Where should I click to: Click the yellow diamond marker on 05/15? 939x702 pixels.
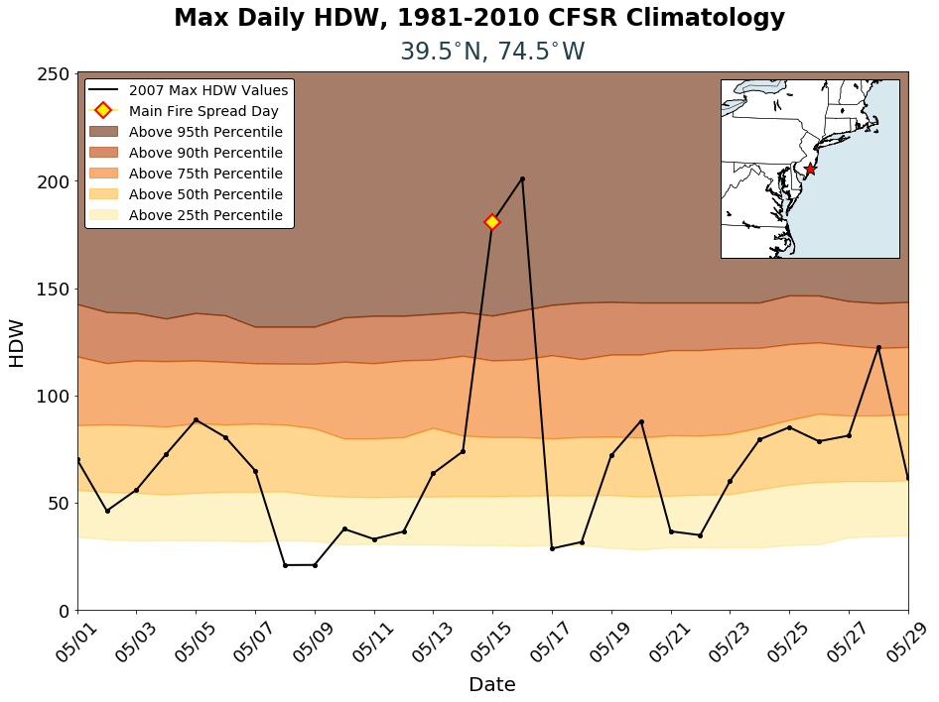pos(492,222)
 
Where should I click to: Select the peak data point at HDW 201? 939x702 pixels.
pos(522,179)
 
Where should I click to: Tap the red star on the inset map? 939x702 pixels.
pos(810,170)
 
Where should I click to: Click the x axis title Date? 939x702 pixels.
pos(492,684)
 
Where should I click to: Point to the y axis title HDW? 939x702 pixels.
pos(17,343)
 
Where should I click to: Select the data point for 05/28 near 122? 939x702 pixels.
pos(878,347)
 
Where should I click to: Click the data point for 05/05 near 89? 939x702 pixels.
pos(196,419)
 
